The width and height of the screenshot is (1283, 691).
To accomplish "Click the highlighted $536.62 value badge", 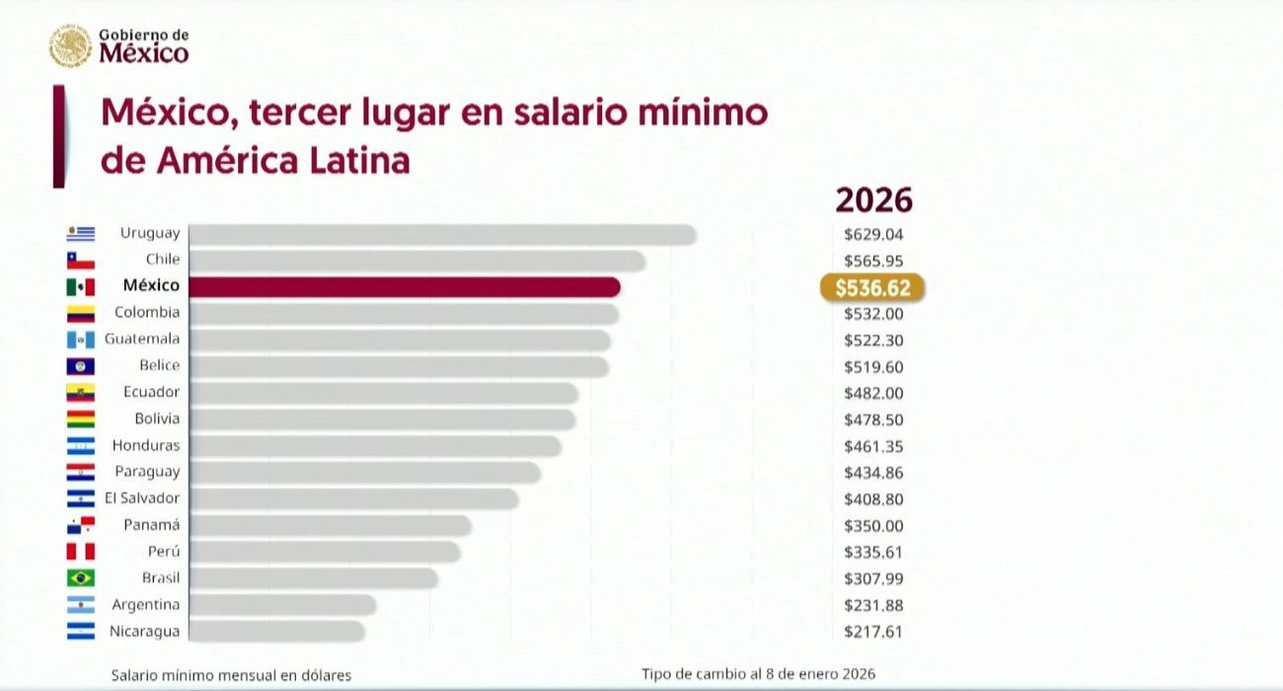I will point(872,287).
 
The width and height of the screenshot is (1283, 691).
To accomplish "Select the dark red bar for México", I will point(404,287).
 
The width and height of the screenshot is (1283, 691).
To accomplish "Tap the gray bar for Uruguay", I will point(441,234).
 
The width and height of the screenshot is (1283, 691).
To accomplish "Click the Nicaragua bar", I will point(275,631).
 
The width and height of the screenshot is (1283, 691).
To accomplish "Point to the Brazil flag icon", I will point(81,578).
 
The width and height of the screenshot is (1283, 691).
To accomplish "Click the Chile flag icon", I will point(81,261).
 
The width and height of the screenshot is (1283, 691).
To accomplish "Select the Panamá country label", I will point(151,525).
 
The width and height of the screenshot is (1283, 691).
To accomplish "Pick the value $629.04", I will point(873,235).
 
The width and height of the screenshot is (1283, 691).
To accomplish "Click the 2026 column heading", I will point(873,200).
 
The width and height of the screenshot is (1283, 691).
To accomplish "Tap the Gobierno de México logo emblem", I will point(70,46).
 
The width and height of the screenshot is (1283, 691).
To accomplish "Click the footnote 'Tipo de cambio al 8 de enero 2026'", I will point(758,673).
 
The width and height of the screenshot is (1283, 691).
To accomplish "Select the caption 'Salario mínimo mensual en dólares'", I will point(231,675).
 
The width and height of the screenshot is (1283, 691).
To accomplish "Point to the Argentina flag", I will point(81,605).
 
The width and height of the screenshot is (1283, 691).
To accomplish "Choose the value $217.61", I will point(873,632).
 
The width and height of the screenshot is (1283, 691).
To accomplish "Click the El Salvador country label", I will point(142,499).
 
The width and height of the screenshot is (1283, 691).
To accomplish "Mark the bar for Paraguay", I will point(364,473).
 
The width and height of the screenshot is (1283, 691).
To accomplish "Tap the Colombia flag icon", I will point(81,314).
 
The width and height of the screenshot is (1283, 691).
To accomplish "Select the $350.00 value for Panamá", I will point(873,526).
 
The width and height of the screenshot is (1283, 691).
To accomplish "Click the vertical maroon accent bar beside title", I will point(59,136).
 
